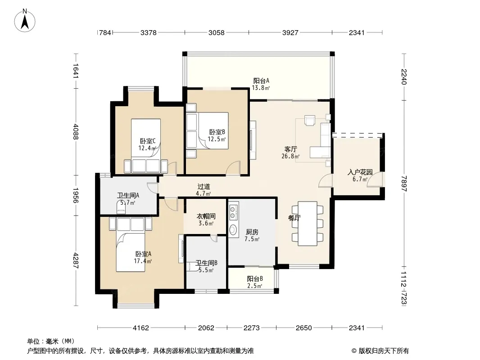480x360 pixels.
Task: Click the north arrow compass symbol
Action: [x=25, y=20]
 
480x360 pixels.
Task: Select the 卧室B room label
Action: [x=217, y=135]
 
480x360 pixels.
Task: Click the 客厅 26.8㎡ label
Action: [x=290, y=153]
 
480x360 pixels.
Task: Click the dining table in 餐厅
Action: [x=308, y=224]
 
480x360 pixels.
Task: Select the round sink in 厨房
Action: [x=233, y=229]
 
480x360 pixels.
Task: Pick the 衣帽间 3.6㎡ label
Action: [x=206, y=220]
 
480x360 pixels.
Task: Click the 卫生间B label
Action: [x=206, y=266]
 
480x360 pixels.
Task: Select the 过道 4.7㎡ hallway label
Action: [x=204, y=189]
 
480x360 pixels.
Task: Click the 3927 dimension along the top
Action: [x=290, y=32]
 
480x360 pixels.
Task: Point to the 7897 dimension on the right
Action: [x=404, y=184]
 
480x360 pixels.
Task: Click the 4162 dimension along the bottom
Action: [x=141, y=328]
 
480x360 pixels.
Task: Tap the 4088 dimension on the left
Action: [x=76, y=131]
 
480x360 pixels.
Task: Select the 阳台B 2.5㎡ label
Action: [x=255, y=282]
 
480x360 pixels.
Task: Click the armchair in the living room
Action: [x=310, y=120]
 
